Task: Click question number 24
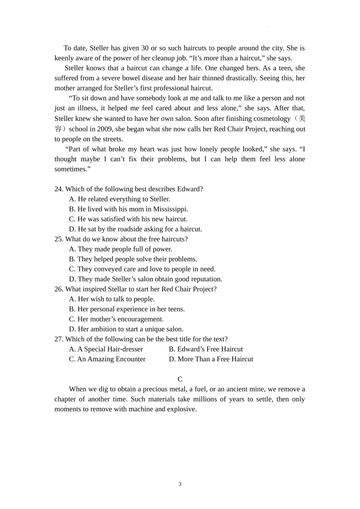point(59,189)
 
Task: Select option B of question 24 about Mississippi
point(128,209)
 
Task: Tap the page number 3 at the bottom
point(180,484)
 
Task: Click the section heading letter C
point(180,379)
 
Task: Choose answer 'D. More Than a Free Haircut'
point(211,359)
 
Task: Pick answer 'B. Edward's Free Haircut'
point(206,349)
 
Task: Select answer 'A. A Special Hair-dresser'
point(106,349)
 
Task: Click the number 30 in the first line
point(145,48)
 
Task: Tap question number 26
point(59,289)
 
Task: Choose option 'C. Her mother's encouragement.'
point(116,319)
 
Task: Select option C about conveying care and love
point(142,269)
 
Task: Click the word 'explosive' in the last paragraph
point(181,409)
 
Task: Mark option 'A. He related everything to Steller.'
point(119,199)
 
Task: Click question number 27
point(59,339)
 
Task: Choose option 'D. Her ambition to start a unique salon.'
point(126,329)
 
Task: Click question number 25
point(59,239)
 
